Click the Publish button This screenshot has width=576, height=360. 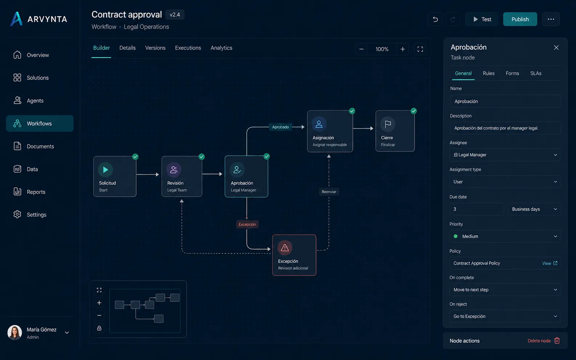tap(520, 19)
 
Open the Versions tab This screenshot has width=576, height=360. tap(155, 48)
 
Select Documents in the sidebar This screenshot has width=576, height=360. tap(40, 146)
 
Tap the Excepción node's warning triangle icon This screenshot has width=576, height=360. tap(285, 248)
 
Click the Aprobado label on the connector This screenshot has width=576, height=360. tap(280, 127)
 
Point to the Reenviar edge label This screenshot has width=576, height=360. tap(329, 192)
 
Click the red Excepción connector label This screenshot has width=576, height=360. tap(247, 224)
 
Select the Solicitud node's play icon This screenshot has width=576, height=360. tap(105, 169)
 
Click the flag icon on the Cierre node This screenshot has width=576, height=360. tap(388, 124)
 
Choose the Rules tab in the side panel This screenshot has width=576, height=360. tap(488, 74)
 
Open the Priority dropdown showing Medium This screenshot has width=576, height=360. tap(505, 236)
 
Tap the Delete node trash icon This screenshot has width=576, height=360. tap(557, 341)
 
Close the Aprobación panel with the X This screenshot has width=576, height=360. tap(556, 48)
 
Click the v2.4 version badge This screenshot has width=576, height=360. tap(175, 15)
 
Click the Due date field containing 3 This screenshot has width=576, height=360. tap(476, 209)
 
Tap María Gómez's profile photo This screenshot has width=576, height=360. tap(15, 332)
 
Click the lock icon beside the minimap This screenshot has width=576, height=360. tap(99, 328)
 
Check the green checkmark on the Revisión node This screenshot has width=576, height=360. tap(202, 156)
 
